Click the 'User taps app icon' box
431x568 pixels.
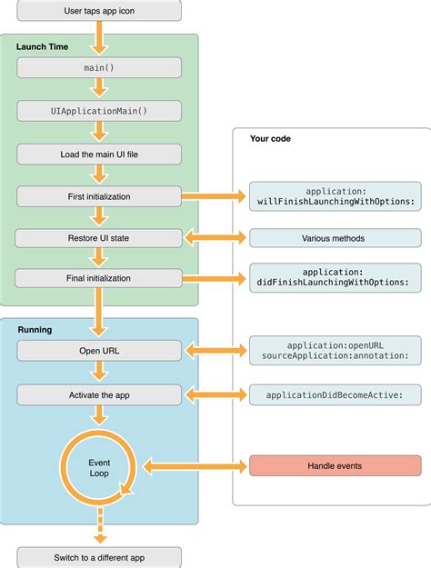pos(99,11)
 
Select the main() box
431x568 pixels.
pos(99,67)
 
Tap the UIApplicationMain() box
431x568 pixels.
pos(99,110)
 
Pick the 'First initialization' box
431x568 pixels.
pos(99,194)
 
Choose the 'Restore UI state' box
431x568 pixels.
pos(99,237)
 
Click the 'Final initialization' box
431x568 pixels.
pos(99,279)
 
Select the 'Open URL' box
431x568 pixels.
pos(99,350)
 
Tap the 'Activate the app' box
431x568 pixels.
pos(99,394)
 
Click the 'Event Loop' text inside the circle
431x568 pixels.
pos(99,468)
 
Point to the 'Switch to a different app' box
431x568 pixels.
pos(99,556)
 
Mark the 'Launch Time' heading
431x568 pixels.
pos(40,45)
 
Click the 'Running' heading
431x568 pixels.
pos(35,329)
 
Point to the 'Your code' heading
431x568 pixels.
pos(270,139)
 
